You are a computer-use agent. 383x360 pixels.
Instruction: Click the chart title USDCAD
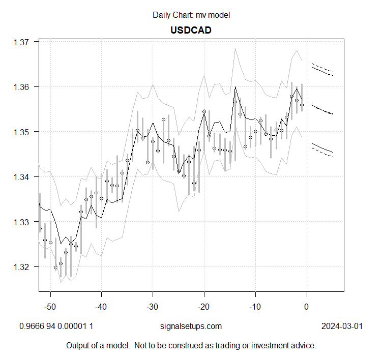pos(191,30)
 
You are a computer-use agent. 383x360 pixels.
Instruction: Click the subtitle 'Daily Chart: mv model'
pos(191,15)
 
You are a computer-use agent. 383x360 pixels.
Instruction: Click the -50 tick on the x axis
pos(50,307)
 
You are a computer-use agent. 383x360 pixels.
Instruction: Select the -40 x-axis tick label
pos(101,307)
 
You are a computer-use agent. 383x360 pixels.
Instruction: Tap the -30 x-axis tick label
pos(153,307)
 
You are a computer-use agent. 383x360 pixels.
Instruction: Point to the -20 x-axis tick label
pos(203,307)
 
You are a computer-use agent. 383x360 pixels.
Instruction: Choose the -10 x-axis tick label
pos(255,307)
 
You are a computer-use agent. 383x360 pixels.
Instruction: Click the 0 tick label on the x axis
pos(306,307)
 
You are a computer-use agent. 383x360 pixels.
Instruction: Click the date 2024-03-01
pos(342,326)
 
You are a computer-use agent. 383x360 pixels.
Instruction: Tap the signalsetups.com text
pos(191,326)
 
